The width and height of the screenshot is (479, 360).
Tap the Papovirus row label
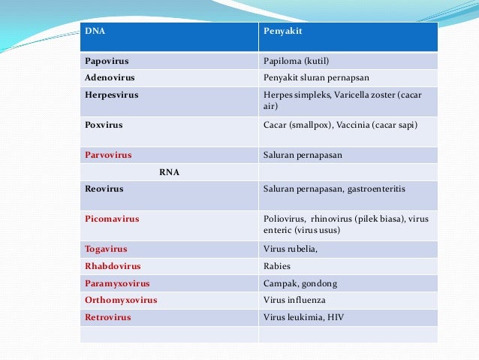[104, 61]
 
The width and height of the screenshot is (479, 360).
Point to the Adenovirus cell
[107, 77]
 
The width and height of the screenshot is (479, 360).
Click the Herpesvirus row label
[111, 95]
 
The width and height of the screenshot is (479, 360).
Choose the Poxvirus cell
[104, 125]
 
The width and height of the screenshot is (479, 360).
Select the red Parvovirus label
[108, 155]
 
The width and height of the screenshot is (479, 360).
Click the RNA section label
[169, 172]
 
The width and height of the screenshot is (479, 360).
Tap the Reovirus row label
[104, 189]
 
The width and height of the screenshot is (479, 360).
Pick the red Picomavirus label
[112, 219]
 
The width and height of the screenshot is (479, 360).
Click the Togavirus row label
[106, 249]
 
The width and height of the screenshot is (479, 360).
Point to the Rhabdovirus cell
[113, 266]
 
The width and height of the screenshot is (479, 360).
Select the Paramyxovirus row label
[117, 283]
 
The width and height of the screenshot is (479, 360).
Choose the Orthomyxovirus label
[121, 301]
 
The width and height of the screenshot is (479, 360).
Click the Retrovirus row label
[108, 317]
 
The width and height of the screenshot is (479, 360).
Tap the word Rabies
[277, 266]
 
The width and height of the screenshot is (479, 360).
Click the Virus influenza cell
[296, 301]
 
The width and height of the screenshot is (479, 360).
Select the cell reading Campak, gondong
[300, 283]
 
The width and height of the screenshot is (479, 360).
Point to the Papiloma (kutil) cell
[297, 61]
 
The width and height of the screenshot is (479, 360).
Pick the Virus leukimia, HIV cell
[303, 317]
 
